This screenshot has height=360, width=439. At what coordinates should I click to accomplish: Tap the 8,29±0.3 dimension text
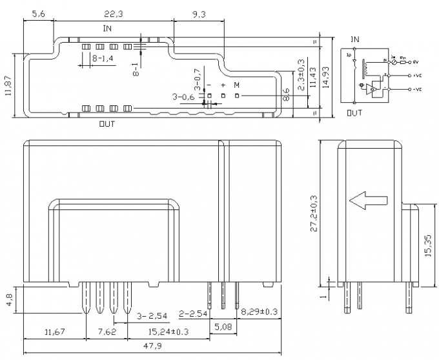pyautogui.click(x=260, y=313)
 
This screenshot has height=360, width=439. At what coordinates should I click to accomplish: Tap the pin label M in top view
pyautogui.click(x=236, y=85)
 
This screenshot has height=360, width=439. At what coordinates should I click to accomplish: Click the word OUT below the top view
pyautogui.click(x=107, y=123)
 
